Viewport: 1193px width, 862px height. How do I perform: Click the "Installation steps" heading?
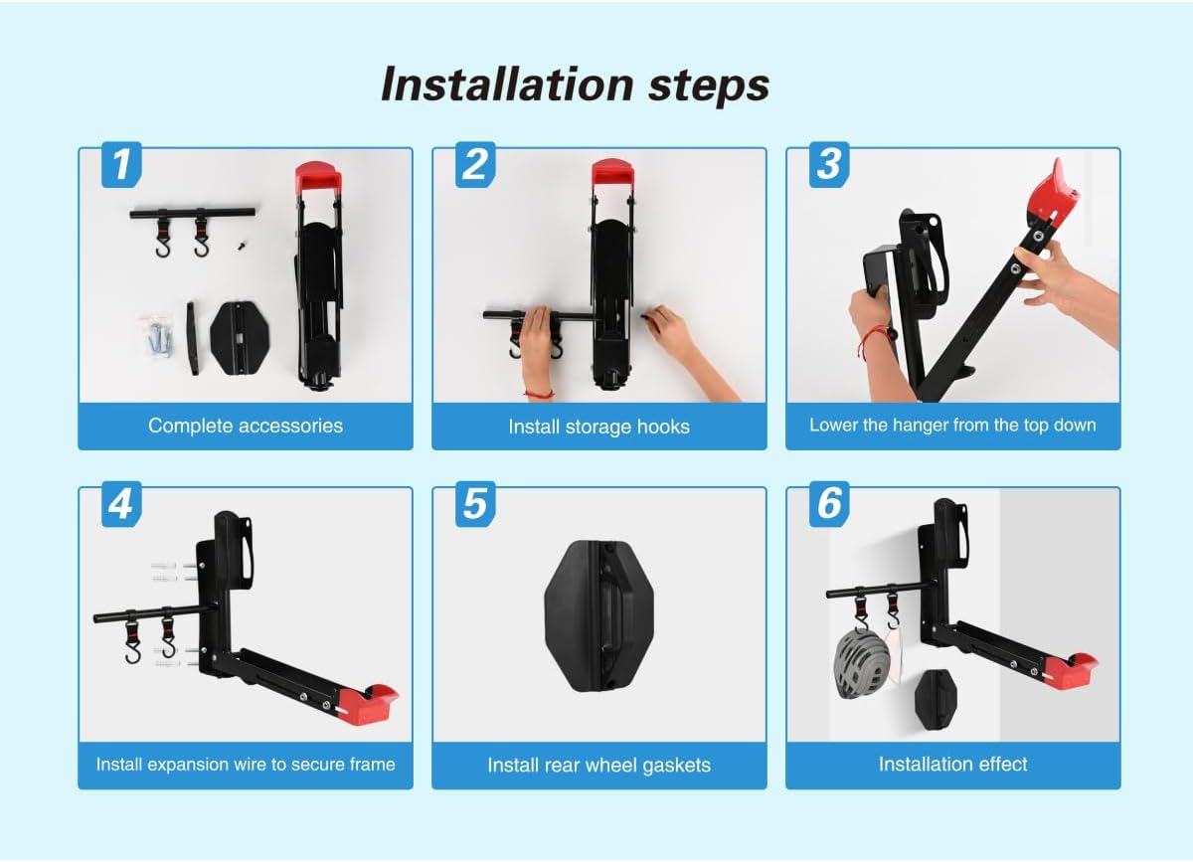tap(576, 85)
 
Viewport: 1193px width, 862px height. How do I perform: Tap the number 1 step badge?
tap(121, 165)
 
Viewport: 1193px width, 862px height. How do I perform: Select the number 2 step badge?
tap(475, 165)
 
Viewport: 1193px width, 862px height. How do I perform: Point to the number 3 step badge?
tap(829, 165)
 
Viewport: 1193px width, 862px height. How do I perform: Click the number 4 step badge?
tap(121, 504)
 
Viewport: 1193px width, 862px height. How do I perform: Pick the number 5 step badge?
tap(475, 504)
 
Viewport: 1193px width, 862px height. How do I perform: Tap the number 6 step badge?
tap(829, 504)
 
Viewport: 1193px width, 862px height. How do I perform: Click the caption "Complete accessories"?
tap(246, 426)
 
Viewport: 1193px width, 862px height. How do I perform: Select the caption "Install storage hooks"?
tap(599, 427)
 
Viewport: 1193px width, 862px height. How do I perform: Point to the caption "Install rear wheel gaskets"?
tap(599, 766)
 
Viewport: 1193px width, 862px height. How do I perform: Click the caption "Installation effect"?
tap(952, 765)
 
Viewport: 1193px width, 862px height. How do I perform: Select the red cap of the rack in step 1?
tap(318, 177)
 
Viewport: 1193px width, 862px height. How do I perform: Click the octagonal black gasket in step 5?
tap(599, 616)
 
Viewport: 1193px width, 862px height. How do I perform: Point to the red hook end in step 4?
tap(369, 703)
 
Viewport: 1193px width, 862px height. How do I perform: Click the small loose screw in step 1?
tap(243, 246)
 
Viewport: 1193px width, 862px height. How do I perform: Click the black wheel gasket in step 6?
tap(936, 700)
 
